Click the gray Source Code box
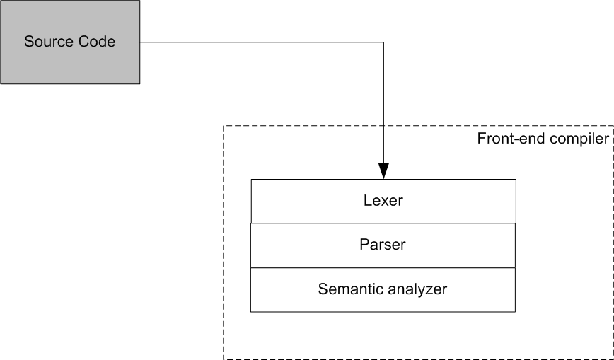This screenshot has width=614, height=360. (70, 42)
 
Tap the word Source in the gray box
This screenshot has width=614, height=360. (49, 42)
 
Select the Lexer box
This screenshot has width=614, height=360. (383, 201)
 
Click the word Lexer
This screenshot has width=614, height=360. (383, 201)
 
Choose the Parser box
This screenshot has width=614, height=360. (383, 245)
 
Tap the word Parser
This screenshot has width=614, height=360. (383, 245)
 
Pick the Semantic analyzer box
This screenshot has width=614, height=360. (383, 290)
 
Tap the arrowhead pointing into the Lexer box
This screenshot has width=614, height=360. (383, 170)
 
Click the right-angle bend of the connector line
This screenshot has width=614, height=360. (383, 42)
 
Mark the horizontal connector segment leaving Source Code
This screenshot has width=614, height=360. (262, 42)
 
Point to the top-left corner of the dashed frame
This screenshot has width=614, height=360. (224, 126)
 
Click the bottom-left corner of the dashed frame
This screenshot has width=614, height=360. (224, 359)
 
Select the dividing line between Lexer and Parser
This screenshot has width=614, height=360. (383, 223)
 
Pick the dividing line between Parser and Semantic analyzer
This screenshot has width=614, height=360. (383, 267)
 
